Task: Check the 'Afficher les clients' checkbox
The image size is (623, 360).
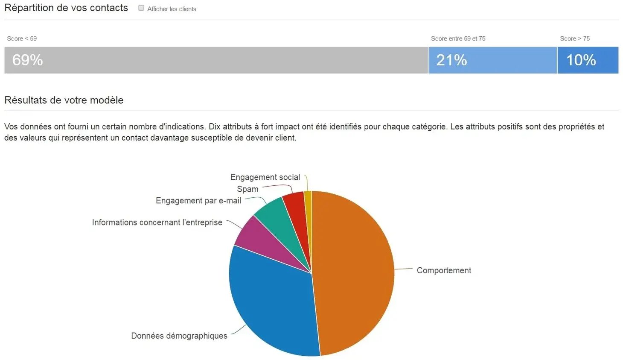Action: click(x=141, y=8)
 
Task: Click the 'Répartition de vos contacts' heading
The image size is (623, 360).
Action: click(x=66, y=8)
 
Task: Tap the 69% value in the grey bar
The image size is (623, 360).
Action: click(x=28, y=60)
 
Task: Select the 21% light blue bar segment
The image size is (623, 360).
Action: click(x=492, y=60)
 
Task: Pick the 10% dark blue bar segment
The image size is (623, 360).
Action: click(x=588, y=60)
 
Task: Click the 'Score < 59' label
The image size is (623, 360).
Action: click(x=22, y=38)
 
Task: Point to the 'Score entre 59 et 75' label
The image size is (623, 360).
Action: click(x=458, y=38)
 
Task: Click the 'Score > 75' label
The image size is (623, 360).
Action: click(x=575, y=38)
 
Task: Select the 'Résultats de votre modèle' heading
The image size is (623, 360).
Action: click(x=64, y=100)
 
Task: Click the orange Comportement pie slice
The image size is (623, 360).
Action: click(x=354, y=273)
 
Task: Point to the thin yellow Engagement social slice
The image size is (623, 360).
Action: click(x=308, y=205)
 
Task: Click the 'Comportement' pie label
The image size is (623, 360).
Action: click(x=444, y=270)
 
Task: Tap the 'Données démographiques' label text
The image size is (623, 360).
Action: click(x=179, y=336)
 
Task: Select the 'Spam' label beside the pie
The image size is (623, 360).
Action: click(x=247, y=189)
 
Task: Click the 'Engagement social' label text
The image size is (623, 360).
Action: click(x=265, y=177)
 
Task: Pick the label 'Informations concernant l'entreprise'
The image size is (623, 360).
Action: click(x=157, y=222)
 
